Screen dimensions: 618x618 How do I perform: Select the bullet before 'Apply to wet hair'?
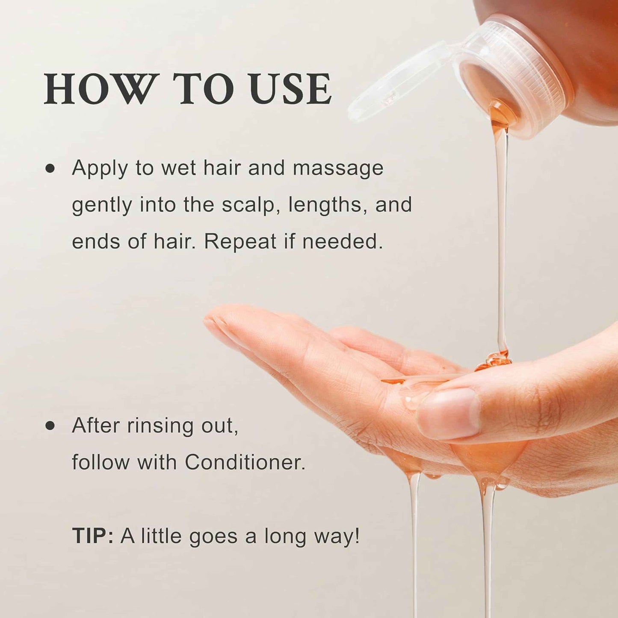[x=50, y=168]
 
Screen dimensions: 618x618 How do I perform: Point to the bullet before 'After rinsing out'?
[x=50, y=425]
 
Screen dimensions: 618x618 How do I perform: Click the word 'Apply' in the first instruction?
[x=100, y=168]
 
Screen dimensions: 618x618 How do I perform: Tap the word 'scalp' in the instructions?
[x=249, y=205]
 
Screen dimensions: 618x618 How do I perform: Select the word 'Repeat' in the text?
[x=240, y=242]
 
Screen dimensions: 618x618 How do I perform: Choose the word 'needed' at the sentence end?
[x=342, y=242]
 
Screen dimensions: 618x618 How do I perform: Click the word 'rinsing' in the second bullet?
[x=154, y=426]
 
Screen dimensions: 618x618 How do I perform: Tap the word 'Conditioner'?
[x=245, y=462]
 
